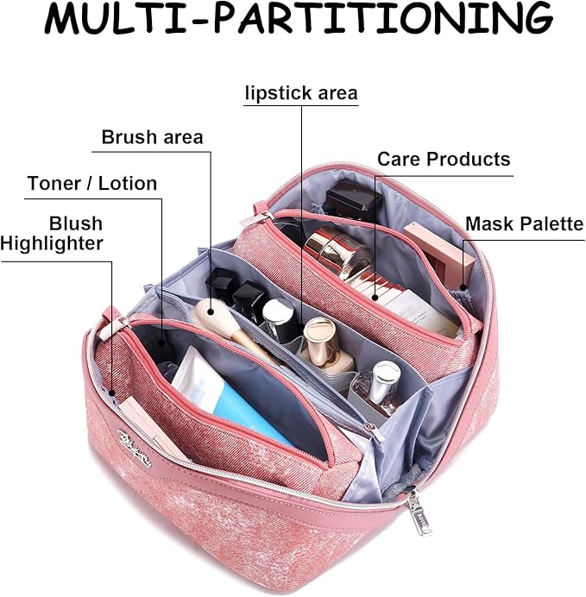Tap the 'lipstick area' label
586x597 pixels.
[300, 93]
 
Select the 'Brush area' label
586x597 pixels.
[152, 137]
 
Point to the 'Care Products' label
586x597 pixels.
[444, 160]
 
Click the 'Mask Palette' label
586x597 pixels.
[524, 224]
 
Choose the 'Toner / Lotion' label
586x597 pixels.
[92, 184]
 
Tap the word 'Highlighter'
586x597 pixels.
[52, 244]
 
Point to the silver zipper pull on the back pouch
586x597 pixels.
[260, 210]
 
